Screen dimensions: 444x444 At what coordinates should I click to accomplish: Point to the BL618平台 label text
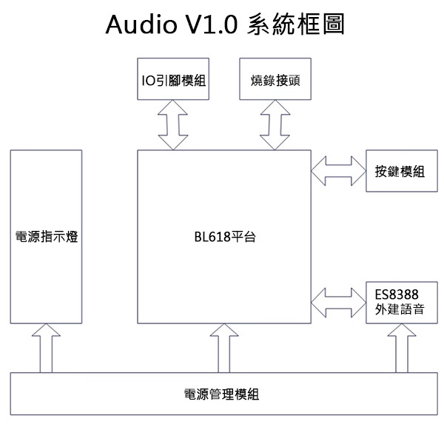[x=225, y=238]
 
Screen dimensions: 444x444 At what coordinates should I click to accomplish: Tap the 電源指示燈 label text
[x=47, y=238]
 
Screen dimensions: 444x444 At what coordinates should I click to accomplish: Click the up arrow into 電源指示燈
[x=46, y=349]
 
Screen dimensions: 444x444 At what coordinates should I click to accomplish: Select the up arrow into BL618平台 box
[x=225, y=349]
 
